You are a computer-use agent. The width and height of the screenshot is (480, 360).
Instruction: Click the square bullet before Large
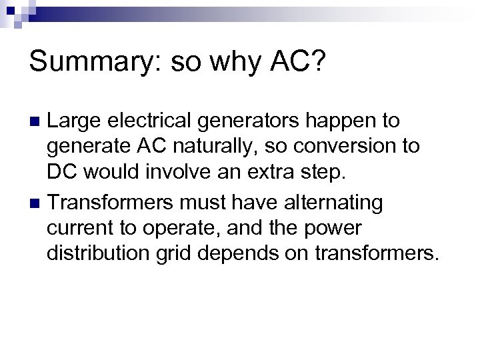37,122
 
